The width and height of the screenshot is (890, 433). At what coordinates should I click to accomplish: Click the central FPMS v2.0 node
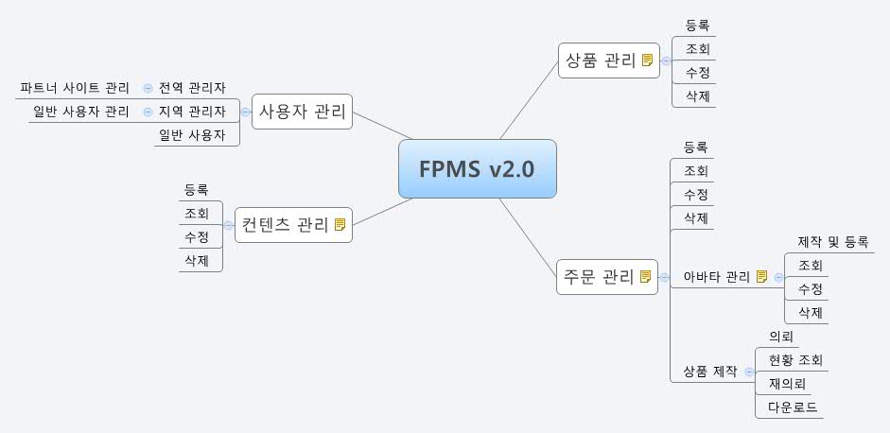477,169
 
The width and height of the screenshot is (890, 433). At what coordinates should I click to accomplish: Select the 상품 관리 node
599,60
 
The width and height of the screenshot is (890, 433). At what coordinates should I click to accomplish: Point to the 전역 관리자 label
192,88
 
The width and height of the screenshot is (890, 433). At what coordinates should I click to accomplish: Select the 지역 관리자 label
192,112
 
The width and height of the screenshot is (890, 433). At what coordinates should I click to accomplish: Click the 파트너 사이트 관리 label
75,88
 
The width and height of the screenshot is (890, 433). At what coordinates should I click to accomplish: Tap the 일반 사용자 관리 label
81,112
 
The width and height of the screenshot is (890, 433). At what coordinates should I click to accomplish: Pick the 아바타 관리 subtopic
716,277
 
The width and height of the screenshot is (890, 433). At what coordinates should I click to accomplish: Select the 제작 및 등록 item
832,242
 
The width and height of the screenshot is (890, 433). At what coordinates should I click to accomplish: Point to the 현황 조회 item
795,360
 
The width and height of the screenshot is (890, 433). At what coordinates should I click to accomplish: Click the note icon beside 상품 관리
647,61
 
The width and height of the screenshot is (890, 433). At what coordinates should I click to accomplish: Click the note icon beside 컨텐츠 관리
340,225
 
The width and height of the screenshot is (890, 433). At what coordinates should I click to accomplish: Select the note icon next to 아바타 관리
761,277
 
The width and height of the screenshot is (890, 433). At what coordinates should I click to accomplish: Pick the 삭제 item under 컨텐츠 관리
197,260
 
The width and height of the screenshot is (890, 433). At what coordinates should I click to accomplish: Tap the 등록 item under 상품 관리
696,26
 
